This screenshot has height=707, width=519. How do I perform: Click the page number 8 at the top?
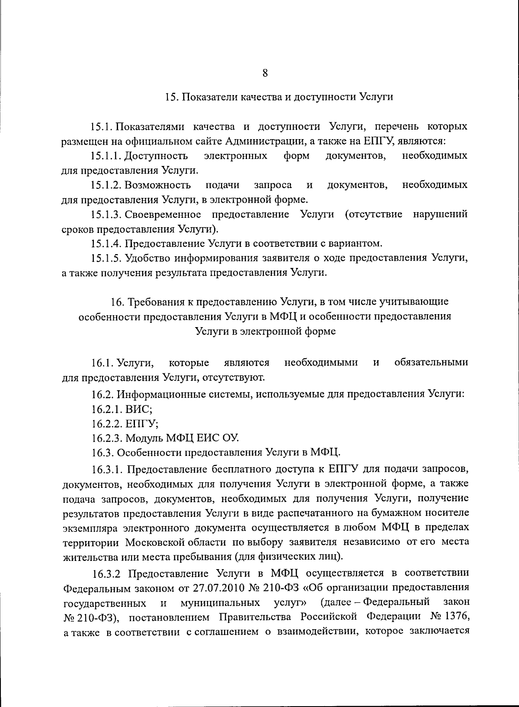click(x=265, y=73)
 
